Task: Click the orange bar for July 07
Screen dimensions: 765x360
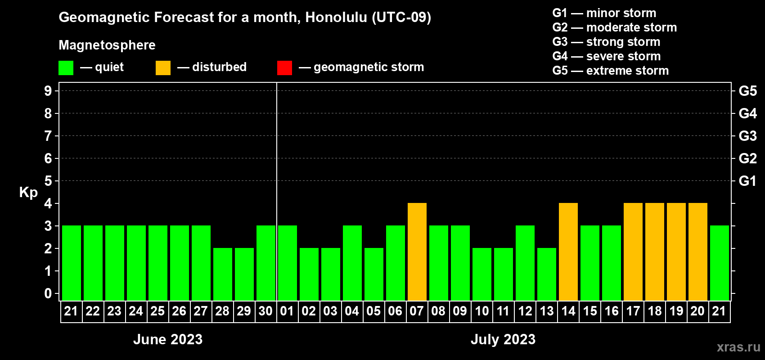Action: click(x=417, y=252)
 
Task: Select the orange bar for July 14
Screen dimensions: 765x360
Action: click(x=568, y=252)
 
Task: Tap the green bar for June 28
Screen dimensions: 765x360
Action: click(x=223, y=274)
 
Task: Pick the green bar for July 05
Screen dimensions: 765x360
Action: click(x=374, y=274)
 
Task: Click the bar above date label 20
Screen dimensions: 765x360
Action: click(x=697, y=252)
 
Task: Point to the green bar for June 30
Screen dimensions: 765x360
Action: click(x=266, y=263)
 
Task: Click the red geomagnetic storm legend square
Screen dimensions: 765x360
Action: click(x=284, y=67)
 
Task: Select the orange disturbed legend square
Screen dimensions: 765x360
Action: click(x=163, y=67)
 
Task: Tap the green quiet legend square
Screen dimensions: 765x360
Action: click(x=66, y=67)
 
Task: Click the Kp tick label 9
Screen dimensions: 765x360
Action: click(x=48, y=91)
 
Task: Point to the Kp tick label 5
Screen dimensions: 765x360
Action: click(x=48, y=181)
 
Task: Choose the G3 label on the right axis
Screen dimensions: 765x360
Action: click(x=747, y=136)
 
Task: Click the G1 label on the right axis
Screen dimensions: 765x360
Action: click(x=747, y=181)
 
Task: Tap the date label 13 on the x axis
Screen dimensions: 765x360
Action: click(x=546, y=311)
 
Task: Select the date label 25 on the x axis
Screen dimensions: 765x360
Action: click(x=157, y=311)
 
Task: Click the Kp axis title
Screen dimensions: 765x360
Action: click(x=28, y=193)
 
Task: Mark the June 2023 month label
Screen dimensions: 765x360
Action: click(x=168, y=339)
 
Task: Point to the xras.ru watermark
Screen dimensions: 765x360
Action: click(x=738, y=347)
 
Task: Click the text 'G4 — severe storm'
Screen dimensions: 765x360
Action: click(x=606, y=56)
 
